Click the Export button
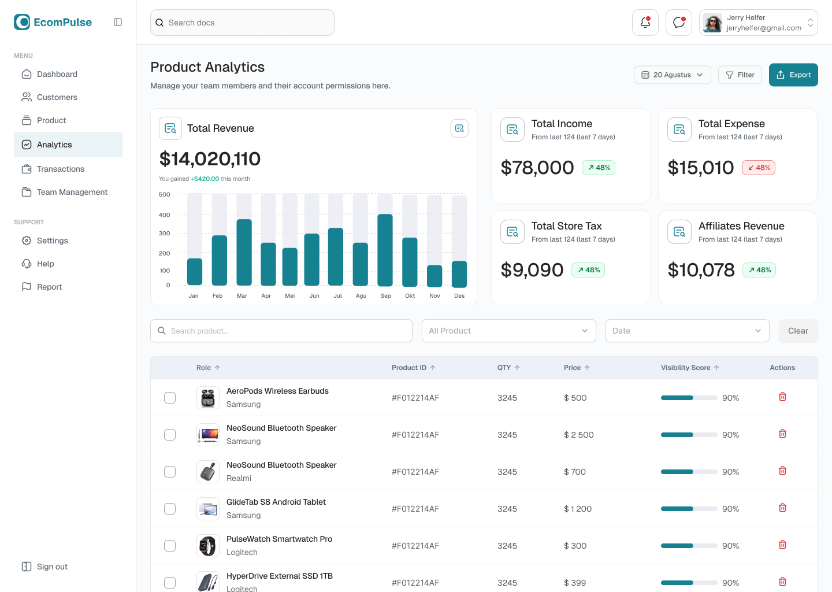(793, 75)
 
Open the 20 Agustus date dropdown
(672, 75)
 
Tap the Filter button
(740, 75)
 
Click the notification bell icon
(645, 23)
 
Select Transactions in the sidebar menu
(61, 169)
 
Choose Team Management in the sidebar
(72, 192)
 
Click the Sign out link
(52, 567)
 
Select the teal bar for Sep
(385, 250)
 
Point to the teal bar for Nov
(434, 276)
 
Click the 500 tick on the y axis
(165, 195)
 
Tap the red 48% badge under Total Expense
(759, 168)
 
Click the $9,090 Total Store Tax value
(532, 270)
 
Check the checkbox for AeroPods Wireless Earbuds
(170, 398)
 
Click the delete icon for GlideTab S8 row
(782, 508)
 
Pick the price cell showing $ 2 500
(578, 435)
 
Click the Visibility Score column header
(686, 368)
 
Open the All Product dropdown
(508, 331)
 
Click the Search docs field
(243, 23)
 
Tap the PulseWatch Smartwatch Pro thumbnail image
(208, 546)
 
